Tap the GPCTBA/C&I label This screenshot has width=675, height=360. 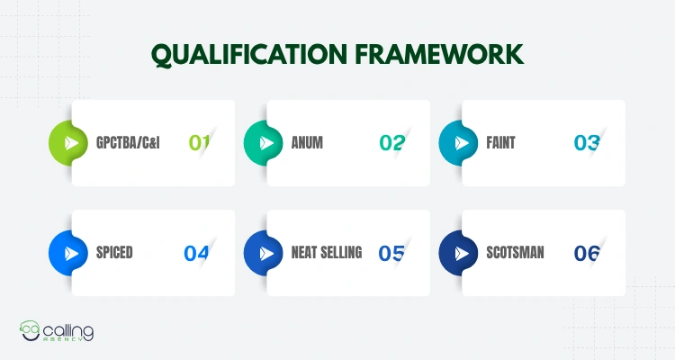point(128,142)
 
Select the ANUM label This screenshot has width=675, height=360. point(308,142)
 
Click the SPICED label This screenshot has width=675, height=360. point(114,252)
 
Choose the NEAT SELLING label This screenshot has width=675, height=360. point(327,252)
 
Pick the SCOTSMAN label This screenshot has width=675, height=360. point(514,252)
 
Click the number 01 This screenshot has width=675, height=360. point(199,142)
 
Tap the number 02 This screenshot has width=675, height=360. point(392,142)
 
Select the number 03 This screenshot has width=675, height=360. point(587,142)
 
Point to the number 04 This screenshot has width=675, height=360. point(196,253)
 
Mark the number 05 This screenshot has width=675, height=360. point(391,253)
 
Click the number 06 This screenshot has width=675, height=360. point(587,253)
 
